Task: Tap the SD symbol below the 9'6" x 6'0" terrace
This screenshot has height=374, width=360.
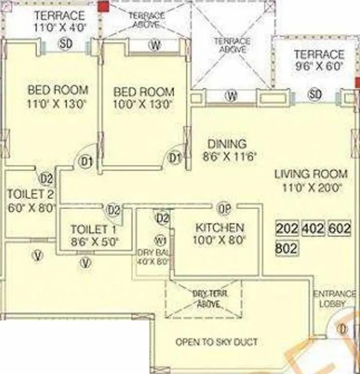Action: (315, 94)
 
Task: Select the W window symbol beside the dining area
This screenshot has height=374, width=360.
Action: (231, 96)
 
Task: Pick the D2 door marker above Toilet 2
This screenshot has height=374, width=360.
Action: (46, 179)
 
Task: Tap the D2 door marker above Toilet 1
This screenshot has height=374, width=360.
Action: (114, 210)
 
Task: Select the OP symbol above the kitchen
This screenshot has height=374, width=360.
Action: (224, 208)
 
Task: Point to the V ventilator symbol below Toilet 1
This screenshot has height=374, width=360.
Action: (86, 262)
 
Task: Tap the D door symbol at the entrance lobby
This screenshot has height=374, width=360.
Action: (343, 329)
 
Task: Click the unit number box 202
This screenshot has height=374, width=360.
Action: (287, 228)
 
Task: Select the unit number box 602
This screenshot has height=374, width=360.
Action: (340, 228)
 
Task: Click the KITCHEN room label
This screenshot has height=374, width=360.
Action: (220, 227)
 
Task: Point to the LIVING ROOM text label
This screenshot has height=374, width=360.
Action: (311, 174)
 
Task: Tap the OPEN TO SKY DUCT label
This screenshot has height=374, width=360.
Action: (216, 342)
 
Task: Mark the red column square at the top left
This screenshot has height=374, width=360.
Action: (103, 6)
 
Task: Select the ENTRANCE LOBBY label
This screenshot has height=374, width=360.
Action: (334, 299)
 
